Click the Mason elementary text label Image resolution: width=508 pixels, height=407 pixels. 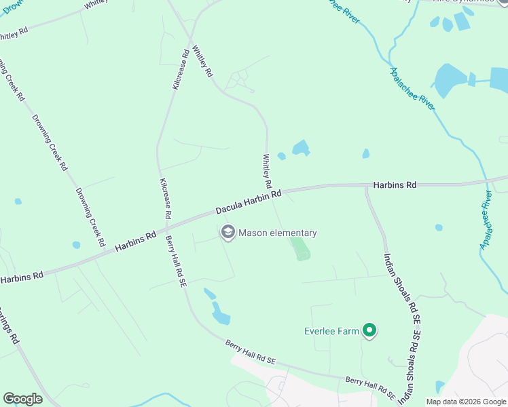click(x=277, y=233)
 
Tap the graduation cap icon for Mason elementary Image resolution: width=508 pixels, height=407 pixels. click(x=228, y=233)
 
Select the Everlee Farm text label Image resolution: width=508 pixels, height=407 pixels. click(x=331, y=332)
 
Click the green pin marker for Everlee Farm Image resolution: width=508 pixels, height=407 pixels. click(x=369, y=331)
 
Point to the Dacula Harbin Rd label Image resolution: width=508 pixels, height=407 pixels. click(x=249, y=203)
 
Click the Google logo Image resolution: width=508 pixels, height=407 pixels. click(x=22, y=399)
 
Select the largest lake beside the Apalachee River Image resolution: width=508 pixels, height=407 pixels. click(x=450, y=81)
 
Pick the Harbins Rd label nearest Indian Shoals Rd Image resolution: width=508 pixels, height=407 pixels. click(x=395, y=185)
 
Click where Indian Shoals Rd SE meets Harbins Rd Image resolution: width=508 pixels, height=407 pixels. click(x=367, y=186)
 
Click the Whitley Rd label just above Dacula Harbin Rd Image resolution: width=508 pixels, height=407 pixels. click(x=267, y=172)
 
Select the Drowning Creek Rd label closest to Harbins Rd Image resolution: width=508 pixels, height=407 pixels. click(x=90, y=217)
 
